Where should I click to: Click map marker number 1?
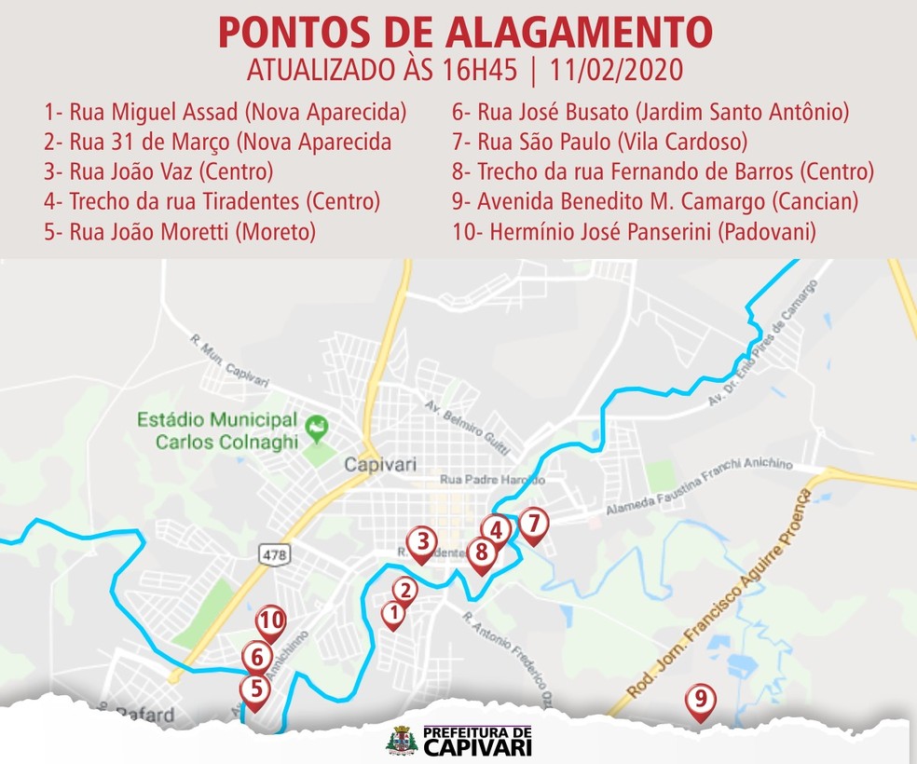393,613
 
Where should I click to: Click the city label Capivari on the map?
379,464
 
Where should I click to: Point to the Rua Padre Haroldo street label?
492,481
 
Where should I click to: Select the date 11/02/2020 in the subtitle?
616,71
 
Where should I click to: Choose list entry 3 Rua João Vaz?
157,172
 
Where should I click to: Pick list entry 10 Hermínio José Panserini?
634,231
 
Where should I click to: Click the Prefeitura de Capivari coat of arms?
403,742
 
